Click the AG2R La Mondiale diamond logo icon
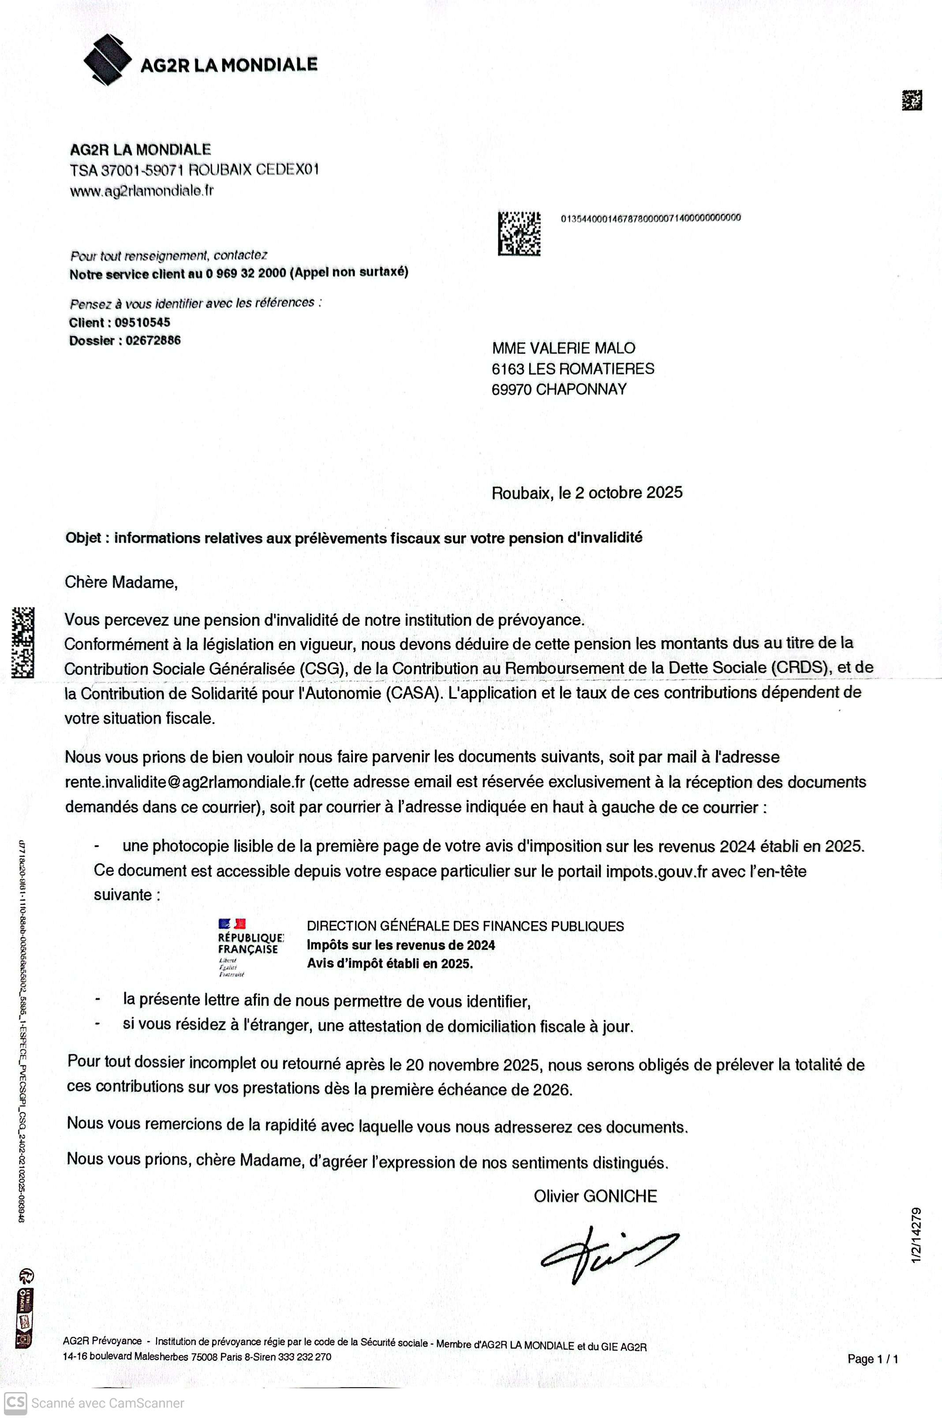(x=107, y=60)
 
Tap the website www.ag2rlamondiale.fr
(x=142, y=191)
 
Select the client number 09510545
(x=142, y=322)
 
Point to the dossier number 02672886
(x=153, y=340)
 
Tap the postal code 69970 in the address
(x=511, y=389)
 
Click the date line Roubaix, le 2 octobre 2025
(x=587, y=493)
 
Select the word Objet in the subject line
(x=83, y=538)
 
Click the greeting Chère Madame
(x=121, y=582)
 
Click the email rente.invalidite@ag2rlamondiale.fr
(x=185, y=782)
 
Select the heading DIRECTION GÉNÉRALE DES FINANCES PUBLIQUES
(x=465, y=926)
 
